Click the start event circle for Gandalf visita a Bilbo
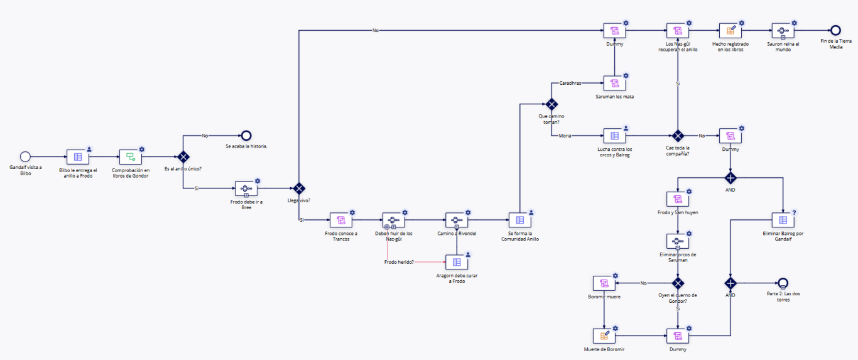point(25,156)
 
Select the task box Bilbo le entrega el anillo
point(78,157)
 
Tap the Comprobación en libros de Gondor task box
point(131,157)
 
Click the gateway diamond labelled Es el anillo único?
point(183,157)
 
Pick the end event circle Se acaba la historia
point(246,136)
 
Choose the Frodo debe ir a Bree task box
point(246,188)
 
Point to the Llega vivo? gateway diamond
point(300,188)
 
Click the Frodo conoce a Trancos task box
point(341,220)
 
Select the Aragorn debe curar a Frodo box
point(457,262)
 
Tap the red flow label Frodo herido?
point(399,262)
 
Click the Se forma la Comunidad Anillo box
point(519,220)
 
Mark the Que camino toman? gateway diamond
point(551,104)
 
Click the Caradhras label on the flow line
point(570,83)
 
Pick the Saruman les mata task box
point(614,84)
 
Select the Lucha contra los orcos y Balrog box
point(614,136)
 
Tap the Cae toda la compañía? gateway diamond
point(678,136)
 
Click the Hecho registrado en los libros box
point(730,30)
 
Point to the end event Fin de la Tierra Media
point(835,30)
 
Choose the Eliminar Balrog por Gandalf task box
point(783,220)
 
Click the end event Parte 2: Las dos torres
point(782,283)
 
